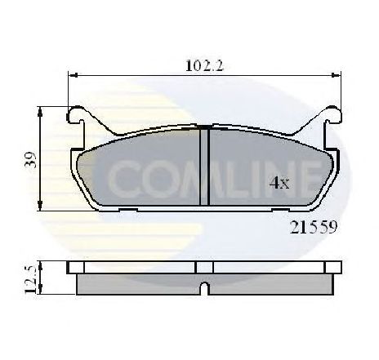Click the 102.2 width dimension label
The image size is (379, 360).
(204, 66)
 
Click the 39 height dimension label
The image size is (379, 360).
(30, 161)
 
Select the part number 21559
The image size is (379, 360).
(314, 227)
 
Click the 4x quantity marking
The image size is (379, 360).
(279, 183)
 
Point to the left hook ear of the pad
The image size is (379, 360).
(77, 114)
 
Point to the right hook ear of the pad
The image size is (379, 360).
(332, 114)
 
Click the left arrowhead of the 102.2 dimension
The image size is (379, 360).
(73, 75)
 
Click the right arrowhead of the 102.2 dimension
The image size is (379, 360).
(336, 75)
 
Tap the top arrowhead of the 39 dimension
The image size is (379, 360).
(40, 112)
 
